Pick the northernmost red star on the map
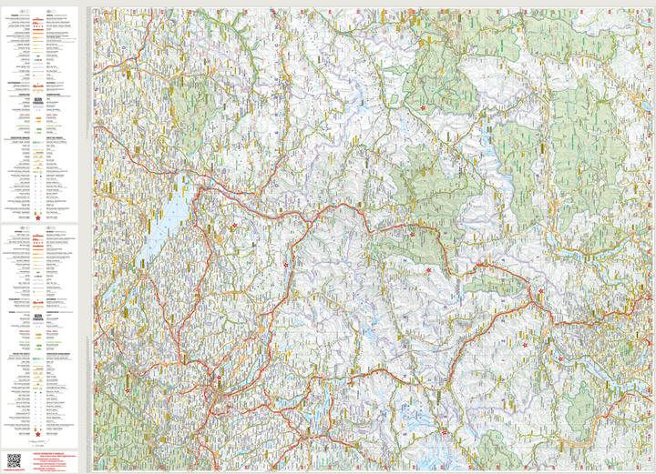423,108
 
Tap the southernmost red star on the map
443,432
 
